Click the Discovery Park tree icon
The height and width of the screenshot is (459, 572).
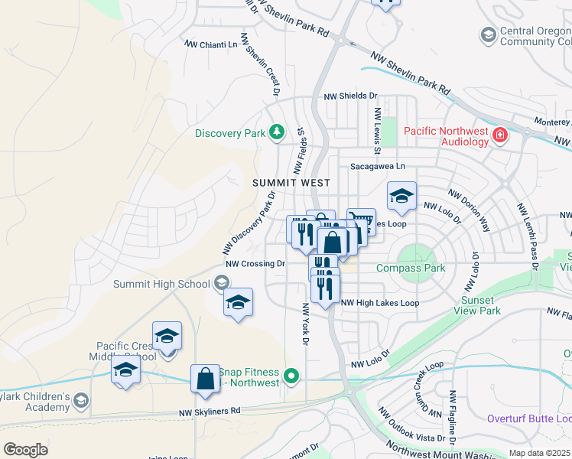(276, 133)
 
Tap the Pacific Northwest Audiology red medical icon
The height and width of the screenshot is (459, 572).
(500, 135)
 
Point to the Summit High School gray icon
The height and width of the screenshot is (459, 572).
(221, 284)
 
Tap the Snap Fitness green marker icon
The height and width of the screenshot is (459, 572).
(291, 376)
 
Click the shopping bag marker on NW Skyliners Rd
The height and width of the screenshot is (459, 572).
(205, 379)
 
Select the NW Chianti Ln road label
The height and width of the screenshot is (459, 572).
(210, 45)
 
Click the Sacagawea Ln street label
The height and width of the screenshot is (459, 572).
(377, 166)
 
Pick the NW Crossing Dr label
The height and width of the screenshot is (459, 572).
(255, 264)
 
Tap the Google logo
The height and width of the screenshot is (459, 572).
(25, 449)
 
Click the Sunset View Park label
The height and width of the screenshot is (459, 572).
(479, 306)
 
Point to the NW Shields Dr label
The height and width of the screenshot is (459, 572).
(350, 96)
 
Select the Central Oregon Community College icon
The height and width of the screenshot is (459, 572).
(487, 35)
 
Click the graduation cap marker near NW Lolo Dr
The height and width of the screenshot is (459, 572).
(401, 197)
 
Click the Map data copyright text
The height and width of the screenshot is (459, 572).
(540, 453)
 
